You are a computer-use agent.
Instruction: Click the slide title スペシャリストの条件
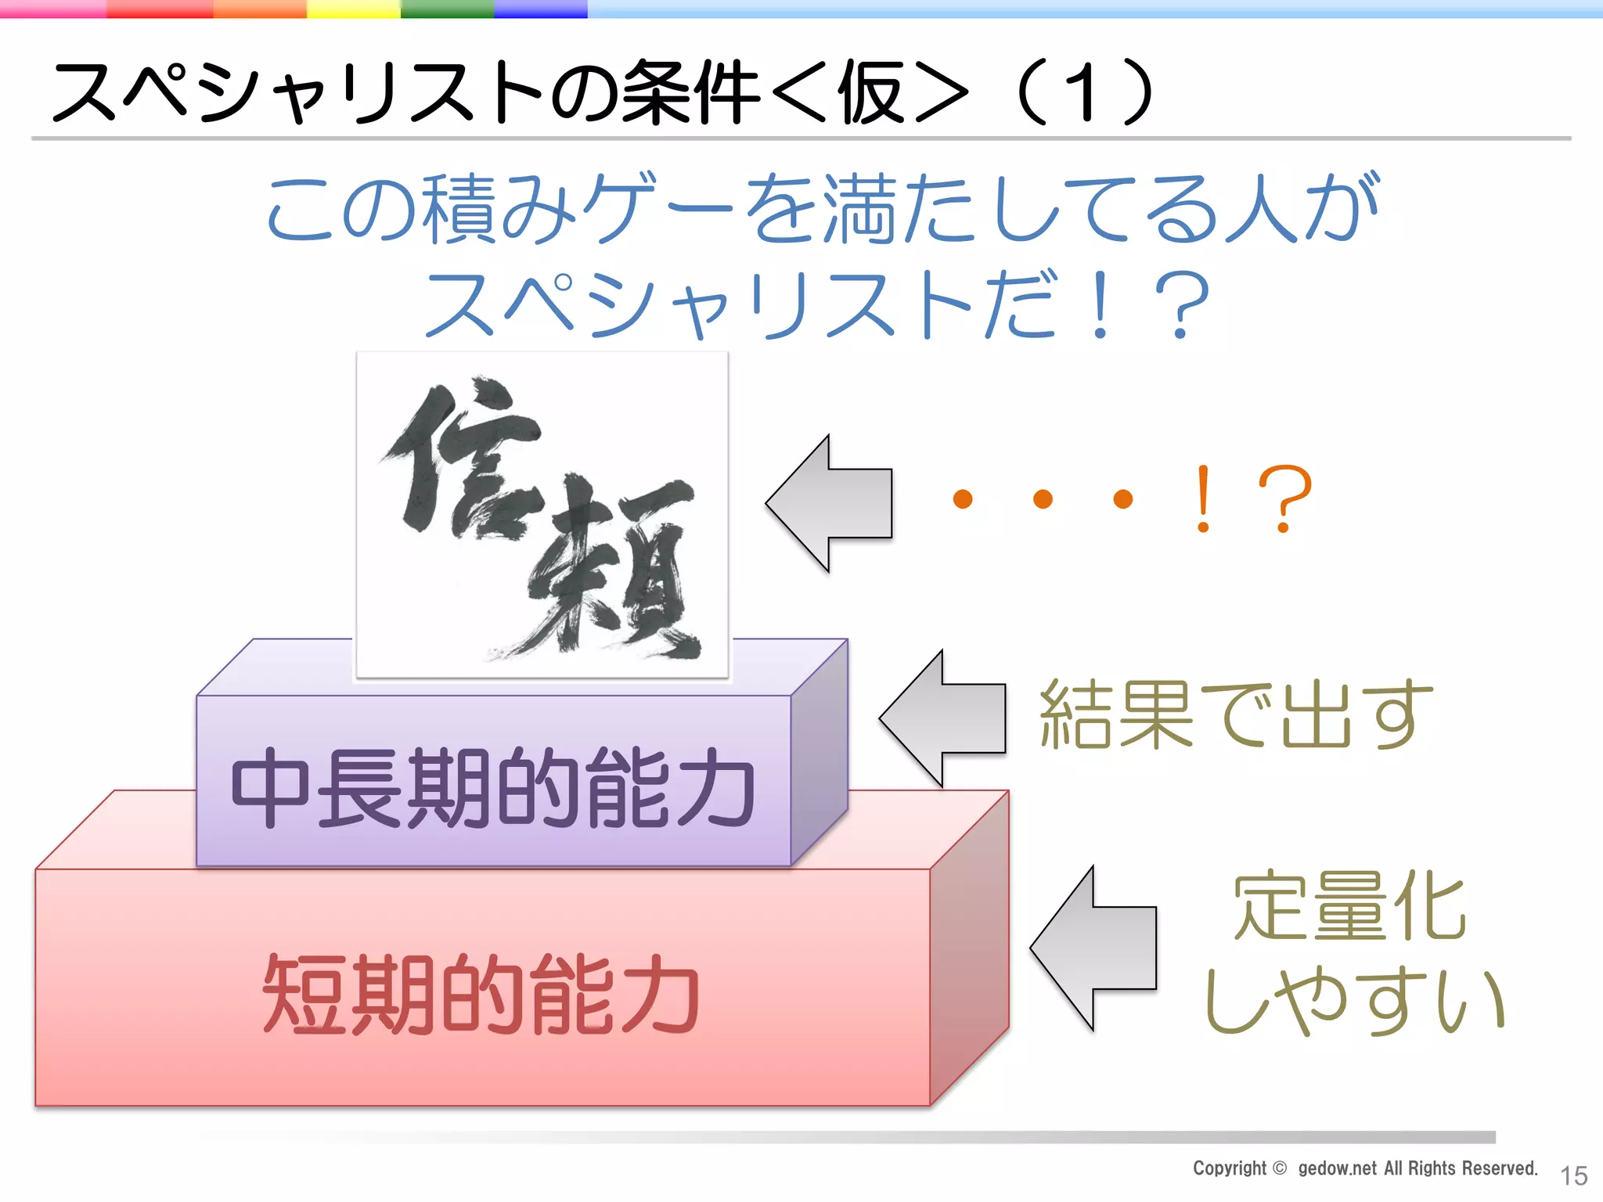(407, 92)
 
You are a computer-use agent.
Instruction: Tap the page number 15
(1573, 1175)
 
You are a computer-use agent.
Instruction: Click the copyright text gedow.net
(1337, 1168)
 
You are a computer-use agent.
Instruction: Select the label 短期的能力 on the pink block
(481, 994)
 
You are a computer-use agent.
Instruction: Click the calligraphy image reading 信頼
(542, 515)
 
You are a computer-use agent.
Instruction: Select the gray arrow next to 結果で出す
(942, 718)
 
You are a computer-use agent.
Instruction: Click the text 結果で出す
(1235, 714)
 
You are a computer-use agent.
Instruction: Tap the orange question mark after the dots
(1284, 498)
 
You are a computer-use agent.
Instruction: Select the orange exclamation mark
(1203, 498)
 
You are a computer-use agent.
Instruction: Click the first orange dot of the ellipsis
(963, 498)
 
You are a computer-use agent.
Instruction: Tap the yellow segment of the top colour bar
(353, 9)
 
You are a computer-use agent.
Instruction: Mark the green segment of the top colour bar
(447, 9)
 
